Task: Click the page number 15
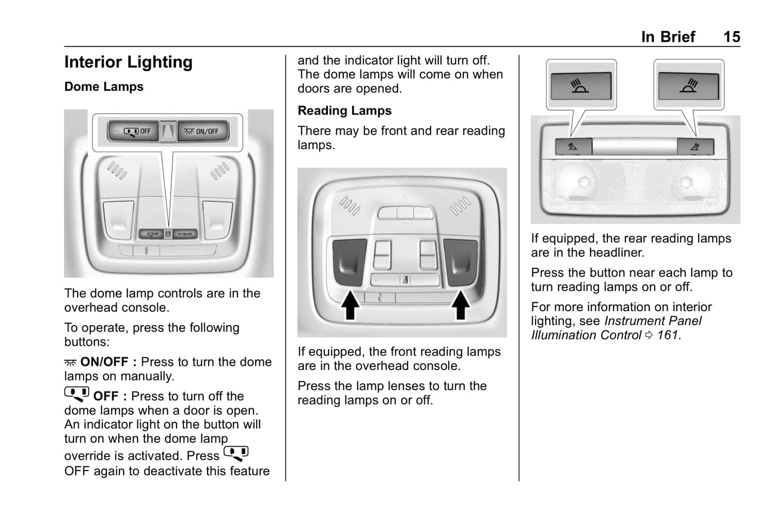click(x=731, y=37)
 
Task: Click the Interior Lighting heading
click(x=128, y=63)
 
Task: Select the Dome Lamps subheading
click(x=104, y=87)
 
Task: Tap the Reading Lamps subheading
click(x=345, y=111)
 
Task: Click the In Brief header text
click(x=668, y=37)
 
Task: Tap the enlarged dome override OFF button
click(x=134, y=131)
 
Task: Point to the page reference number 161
click(x=668, y=335)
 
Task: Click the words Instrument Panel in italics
click(x=653, y=321)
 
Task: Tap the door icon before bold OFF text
click(x=76, y=394)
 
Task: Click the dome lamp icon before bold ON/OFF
click(x=70, y=363)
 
